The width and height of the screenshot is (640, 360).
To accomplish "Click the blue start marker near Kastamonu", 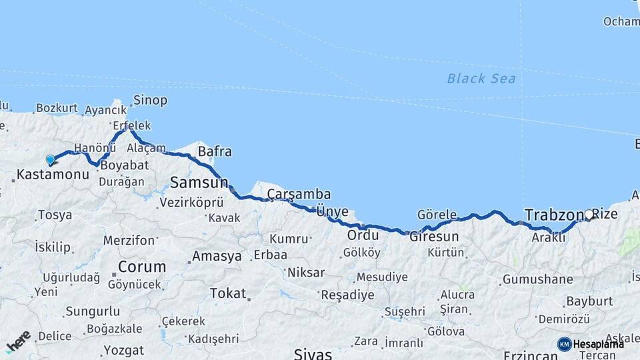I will pyautogui.click(x=50, y=159).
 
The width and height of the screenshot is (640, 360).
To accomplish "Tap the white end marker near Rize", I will pyautogui.click(x=589, y=215).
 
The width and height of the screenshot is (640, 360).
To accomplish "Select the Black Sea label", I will pyautogui.click(x=481, y=79).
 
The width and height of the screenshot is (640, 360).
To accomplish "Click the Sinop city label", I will pyautogui.click(x=150, y=101).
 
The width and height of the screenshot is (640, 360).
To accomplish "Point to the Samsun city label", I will pyautogui.click(x=199, y=181).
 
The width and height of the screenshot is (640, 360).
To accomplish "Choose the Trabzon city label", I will pyautogui.click(x=554, y=215).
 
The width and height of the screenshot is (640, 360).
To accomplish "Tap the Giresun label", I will pyautogui.click(x=434, y=237).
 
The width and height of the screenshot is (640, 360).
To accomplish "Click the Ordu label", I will pyautogui.click(x=363, y=235).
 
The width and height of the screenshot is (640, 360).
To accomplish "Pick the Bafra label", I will pyautogui.click(x=215, y=152).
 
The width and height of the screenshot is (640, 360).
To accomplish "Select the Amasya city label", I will pyautogui.click(x=217, y=256).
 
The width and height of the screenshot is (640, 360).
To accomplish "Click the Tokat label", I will pyautogui.click(x=228, y=293).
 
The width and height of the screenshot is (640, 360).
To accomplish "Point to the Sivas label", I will pyautogui.click(x=313, y=353).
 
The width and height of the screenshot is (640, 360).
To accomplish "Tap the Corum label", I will pyautogui.click(x=142, y=267).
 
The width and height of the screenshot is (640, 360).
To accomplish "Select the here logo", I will pyautogui.click(x=18, y=341).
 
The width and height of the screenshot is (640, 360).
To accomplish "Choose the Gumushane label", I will pyautogui.click(x=537, y=279).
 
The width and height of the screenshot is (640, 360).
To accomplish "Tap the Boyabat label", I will pyautogui.click(x=123, y=164).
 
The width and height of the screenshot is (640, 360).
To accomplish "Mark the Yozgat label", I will pyautogui.click(x=124, y=350).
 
